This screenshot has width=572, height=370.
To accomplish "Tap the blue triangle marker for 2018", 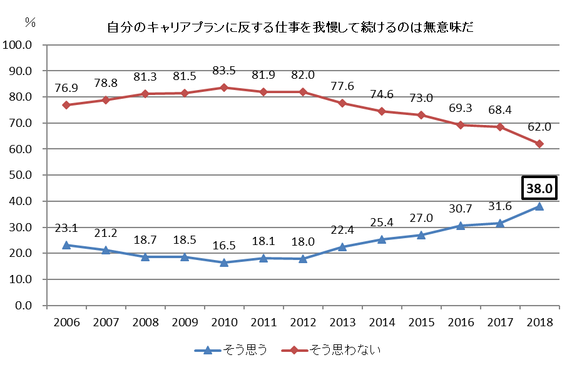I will tap(539, 206).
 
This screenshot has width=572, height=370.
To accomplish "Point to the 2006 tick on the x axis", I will tap(66, 323).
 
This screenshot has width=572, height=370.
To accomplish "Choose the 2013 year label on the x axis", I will tap(342, 323).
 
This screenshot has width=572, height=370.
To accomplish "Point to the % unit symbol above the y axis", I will tap(29, 22).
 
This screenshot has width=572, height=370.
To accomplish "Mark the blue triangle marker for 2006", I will tap(66, 246).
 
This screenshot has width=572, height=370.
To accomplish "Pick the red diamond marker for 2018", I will tap(539, 144).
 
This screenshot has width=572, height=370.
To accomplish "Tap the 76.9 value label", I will tap(66, 86).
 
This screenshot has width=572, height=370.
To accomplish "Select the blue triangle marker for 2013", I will tap(342, 247).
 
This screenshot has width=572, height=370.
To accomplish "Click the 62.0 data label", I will tap(539, 127).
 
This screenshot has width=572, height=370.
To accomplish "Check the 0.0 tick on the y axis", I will tap(23, 306).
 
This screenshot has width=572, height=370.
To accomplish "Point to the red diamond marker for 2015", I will tap(421, 115).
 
